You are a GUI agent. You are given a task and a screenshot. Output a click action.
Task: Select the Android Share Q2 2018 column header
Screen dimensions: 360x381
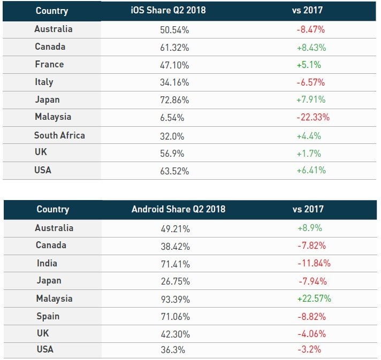tap(178, 209)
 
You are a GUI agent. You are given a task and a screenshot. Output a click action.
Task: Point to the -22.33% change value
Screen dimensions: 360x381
tap(313, 118)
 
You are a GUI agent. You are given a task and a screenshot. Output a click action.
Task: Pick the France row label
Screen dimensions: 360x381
tap(49, 64)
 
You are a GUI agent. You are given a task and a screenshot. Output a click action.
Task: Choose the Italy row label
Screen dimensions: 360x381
tap(44, 82)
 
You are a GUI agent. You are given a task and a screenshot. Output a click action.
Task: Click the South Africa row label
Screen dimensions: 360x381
tap(59, 135)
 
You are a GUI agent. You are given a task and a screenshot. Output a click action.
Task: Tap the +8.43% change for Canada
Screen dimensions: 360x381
tap(311, 47)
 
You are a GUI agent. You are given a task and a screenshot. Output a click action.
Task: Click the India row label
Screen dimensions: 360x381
tap(46, 263)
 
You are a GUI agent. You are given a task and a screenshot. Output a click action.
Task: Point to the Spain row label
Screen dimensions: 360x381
tap(47, 316)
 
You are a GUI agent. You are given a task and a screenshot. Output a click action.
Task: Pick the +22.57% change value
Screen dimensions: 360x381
tap(314, 298)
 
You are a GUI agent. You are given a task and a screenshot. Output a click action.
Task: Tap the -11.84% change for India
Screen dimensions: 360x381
tap(314, 263)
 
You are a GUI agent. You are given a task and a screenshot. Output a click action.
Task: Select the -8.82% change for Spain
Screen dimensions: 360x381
tap(311, 316)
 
